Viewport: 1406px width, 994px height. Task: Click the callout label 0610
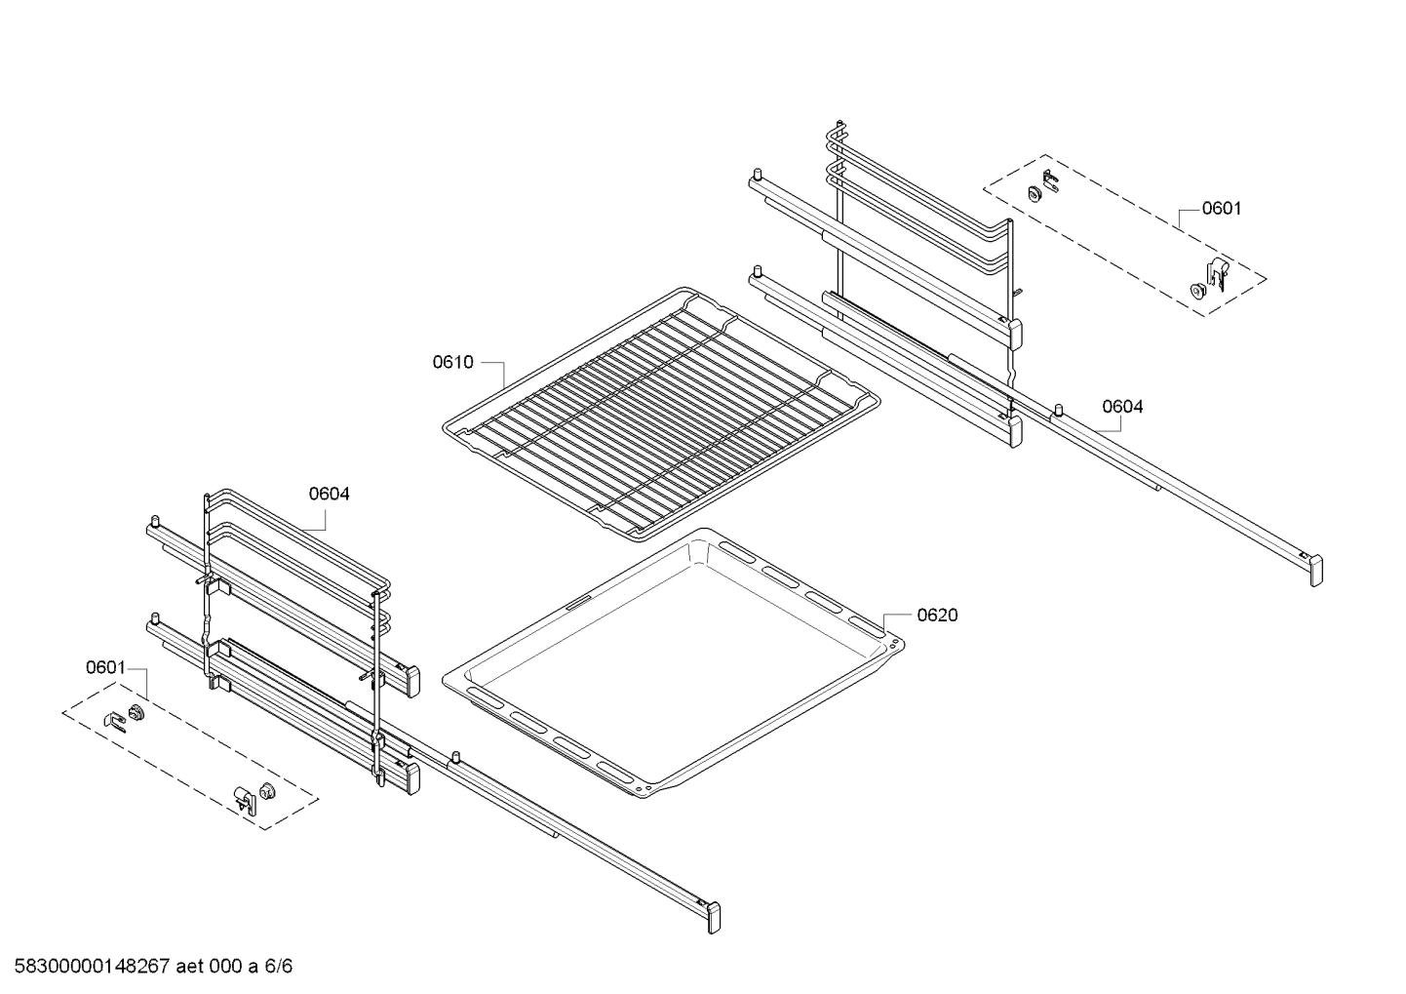click(x=452, y=363)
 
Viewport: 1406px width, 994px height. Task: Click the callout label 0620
click(x=936, y=615)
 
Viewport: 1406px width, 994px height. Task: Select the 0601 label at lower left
click(x=105, y=667)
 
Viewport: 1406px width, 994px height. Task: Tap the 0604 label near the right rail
click(x=1122, y=407)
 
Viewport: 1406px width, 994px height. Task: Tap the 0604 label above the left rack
click(x=330, y=494)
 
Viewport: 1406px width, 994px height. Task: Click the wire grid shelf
click(x=663, y=410)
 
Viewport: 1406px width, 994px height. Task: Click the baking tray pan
click(x=673, y=663)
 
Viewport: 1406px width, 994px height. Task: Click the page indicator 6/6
click(x=278, y=967)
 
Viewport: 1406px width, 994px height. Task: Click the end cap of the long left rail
click(x=715, y=918)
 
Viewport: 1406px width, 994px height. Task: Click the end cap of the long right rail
click(x=1316, y=570)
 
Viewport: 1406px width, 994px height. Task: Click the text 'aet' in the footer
click(x=190, y=967)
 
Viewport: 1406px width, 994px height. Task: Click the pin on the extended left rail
click(x=455, y=758)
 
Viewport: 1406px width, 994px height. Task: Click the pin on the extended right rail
click(x=1056, y=408)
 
